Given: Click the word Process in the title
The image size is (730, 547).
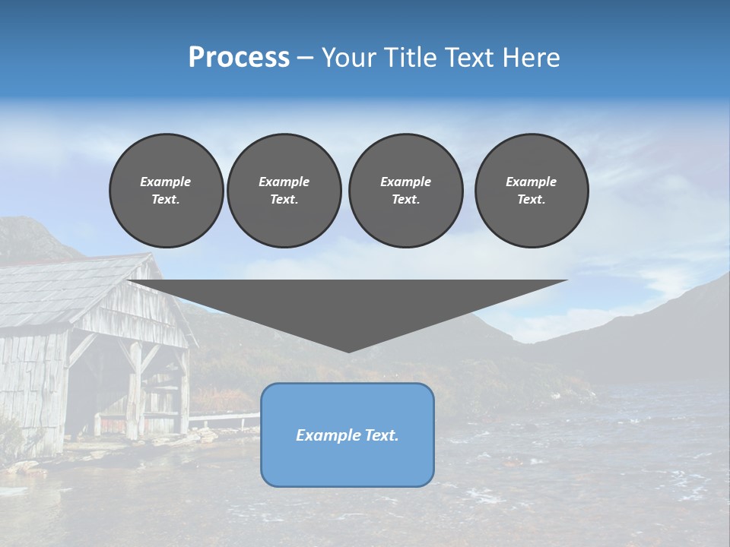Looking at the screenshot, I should click(x=239, y=58).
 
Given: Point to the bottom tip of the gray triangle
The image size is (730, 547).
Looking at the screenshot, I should click(x=348, y=350).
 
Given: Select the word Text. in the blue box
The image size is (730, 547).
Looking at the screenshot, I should click(x=380, y=435).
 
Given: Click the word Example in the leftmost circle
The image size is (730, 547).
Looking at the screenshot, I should click(x=166, y=182).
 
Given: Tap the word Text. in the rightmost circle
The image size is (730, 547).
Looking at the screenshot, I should click(x=531, y=199).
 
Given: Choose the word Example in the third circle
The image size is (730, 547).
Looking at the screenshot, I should click(x=405, y=182).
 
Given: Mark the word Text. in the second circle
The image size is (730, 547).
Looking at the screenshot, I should click(x=284, y=199).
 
